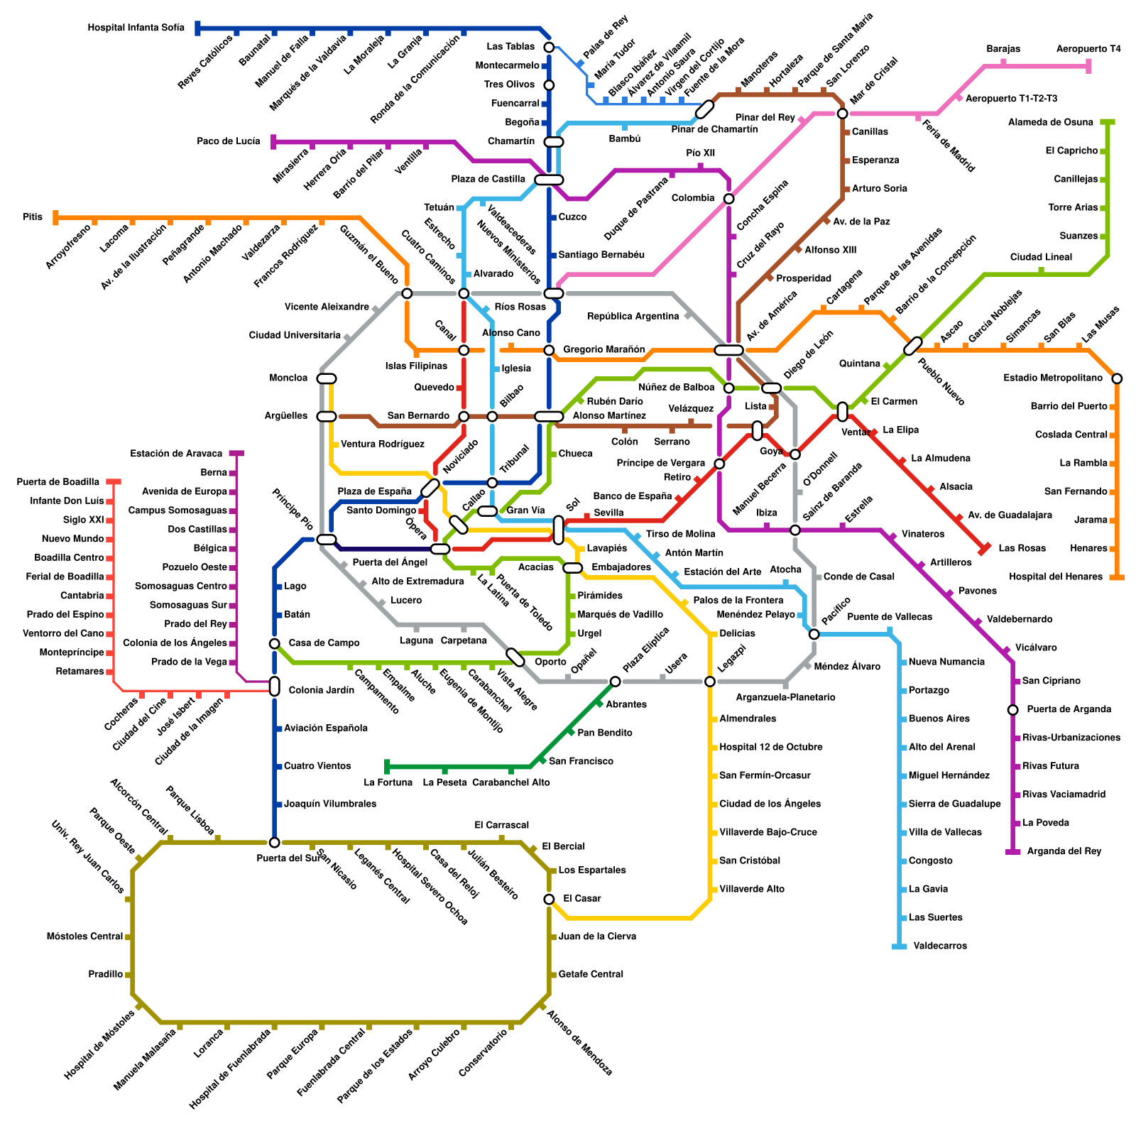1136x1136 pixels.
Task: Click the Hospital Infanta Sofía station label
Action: click(x=136, y=28)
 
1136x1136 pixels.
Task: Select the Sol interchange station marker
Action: click(x=558, y=530)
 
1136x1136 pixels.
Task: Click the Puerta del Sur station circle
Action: click(x=274, y=842)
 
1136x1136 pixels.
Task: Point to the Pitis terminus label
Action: click(x=33, y=217)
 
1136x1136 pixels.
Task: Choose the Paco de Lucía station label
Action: click(x=228, y=141)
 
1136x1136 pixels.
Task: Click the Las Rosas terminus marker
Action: click(x=984, y=548)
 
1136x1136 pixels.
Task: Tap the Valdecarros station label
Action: click(x=940, y=946)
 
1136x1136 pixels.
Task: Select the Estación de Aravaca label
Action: click(x=176, y=454)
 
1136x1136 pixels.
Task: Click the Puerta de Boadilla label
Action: click(x=58, y=482)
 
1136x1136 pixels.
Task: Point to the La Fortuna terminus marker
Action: click(x=387, y=766)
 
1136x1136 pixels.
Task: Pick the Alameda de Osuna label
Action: click(x=1050, y=122)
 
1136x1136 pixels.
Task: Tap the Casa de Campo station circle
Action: click(x=274, y=643)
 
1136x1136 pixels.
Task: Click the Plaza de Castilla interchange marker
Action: click(x=549, y=180)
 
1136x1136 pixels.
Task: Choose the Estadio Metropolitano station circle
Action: click(x=1117, y=378)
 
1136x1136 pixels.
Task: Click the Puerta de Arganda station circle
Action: click(x=1012, y=709)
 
